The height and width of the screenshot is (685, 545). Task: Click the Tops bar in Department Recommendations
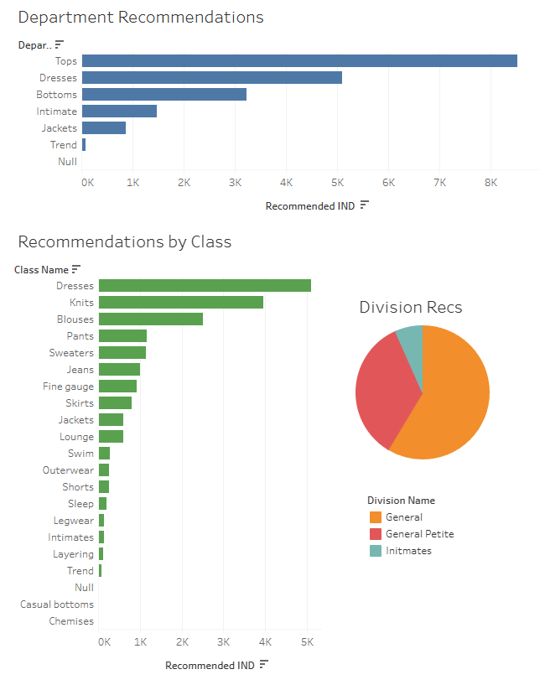pos(299,60)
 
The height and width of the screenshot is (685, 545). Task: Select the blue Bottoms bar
pos(164,95)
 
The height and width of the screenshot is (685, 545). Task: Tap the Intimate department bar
pos(119,112)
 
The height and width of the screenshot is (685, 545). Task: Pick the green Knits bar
pos(181,303)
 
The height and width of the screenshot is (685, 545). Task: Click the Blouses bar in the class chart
pos(151,319)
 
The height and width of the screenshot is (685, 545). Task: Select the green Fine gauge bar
pos(117,387)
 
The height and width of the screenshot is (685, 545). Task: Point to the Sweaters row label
pos(71,353)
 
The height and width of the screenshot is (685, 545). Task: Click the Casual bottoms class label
pos(57,605)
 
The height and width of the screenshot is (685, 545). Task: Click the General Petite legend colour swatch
pos(375,534)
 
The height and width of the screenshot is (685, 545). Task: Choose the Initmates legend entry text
pos(408,551)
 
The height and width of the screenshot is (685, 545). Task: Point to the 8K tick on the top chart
pos(491,182)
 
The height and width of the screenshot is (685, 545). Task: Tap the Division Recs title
pos(410,308)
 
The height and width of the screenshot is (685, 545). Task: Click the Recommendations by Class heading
pos(124,242)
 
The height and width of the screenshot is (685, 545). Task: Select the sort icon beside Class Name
pos(76,269)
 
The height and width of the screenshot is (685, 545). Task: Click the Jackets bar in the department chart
pos(104,128)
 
